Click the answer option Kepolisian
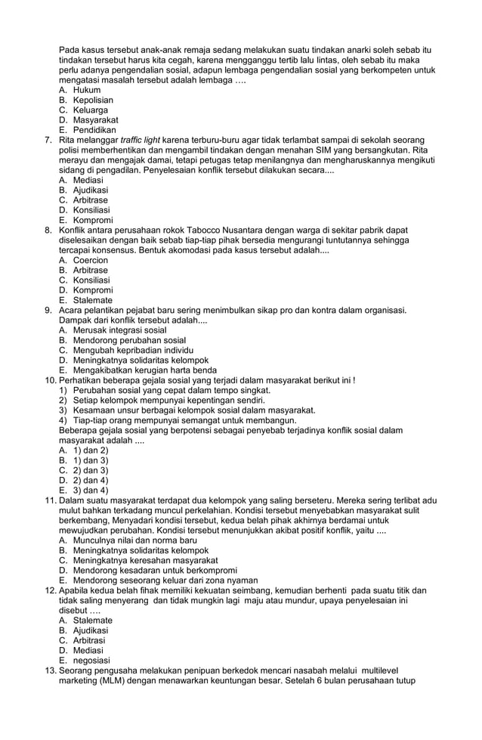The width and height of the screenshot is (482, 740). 93,100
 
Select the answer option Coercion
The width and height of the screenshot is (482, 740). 90,260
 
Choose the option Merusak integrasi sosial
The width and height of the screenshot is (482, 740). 119,330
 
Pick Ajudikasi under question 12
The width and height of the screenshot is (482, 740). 90,630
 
